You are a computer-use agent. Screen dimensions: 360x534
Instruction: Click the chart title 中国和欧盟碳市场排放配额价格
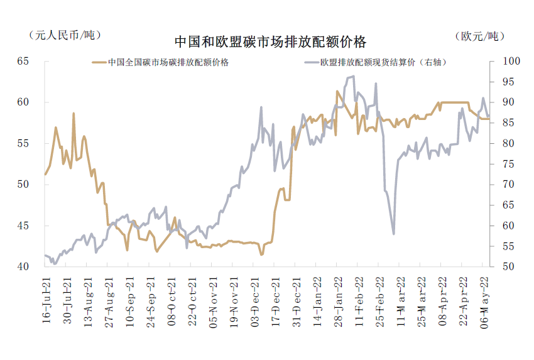[270, 42]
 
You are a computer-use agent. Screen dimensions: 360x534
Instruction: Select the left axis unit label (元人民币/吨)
[64, 35]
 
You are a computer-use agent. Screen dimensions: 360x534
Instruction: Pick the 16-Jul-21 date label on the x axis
[46, 300]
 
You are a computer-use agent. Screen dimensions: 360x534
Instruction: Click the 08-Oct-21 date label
[170, 300]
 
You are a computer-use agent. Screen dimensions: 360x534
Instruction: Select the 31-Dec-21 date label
[295, 300]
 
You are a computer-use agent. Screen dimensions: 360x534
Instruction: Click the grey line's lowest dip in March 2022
[393, 234]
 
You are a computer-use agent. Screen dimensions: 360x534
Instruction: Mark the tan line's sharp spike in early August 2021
[74, 114]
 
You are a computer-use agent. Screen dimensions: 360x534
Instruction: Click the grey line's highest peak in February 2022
[354, 76]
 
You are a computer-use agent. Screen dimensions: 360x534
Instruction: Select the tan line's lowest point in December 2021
[261, 254]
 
